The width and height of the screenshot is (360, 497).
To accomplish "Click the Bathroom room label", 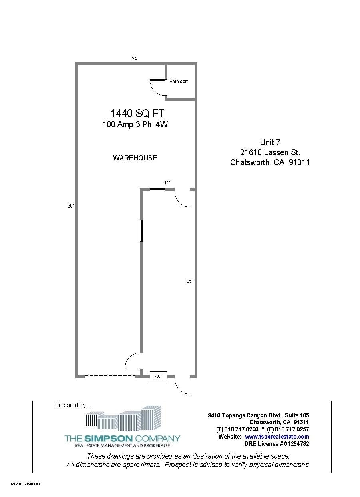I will tap(179, 82).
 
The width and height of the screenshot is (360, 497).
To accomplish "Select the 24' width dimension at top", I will tap(135, 59).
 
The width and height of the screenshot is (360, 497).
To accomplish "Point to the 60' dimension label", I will tap(70, 206).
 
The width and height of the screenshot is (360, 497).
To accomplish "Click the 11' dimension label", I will tap(167, 183).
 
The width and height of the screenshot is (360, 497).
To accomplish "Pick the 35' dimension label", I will tap(189, 281).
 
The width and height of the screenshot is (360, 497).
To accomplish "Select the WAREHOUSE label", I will tap(135, 158).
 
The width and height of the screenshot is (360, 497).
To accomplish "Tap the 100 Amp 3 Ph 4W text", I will tap(135, 125).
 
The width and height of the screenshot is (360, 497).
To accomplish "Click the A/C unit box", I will tap(158, 377).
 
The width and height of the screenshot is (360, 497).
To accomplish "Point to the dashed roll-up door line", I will tap(110, 375).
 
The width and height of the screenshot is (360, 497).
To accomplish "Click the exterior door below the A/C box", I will tap(183, 385).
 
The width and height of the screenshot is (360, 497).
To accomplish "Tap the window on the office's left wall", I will tap(141, 230).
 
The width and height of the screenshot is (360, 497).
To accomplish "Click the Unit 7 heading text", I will tap(270, 142).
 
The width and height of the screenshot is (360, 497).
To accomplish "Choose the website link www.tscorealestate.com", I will tap(276, 437).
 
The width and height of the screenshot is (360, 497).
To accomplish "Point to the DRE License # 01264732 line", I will tap(276, 444).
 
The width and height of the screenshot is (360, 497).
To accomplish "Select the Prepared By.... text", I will tap(73, 405).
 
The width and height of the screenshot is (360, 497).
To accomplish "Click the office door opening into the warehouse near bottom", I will tap(133, 361).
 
